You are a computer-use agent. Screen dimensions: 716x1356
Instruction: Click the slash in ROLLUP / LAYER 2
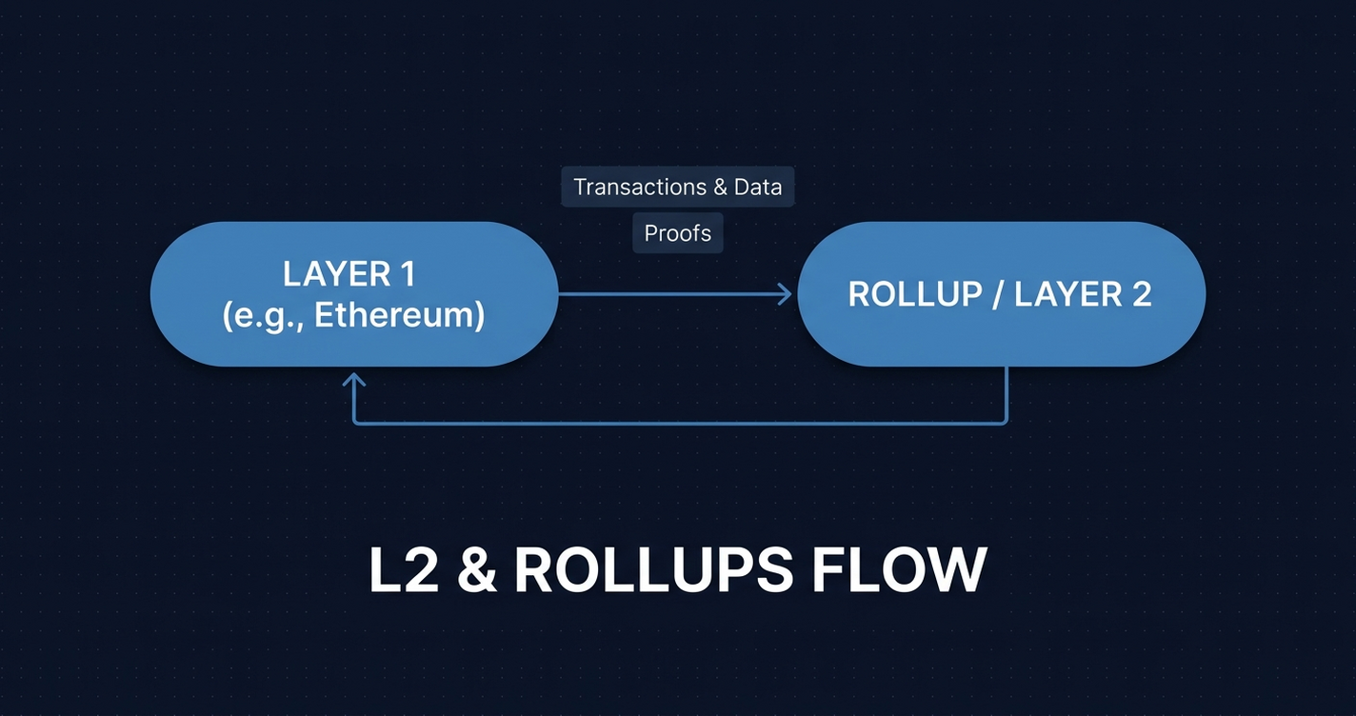pyautogui.click(x=996, y=294)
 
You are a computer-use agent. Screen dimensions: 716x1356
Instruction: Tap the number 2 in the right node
pyautogui.click(x=1141, y=294)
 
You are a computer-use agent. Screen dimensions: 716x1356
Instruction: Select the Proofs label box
pyautogui.click(x=678, y=233)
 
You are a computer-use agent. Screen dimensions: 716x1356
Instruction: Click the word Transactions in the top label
pyautogui.click(x=640, y=187)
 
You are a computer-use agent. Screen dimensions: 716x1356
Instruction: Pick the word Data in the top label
pyautogui.click(x=758, y=187)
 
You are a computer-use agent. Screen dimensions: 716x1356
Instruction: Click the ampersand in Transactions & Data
pyautogui.click(x=721, y=187)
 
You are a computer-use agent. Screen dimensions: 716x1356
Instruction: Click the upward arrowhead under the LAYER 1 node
pyautogui.click(x=354, y=379)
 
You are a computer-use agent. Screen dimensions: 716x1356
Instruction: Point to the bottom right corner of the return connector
pyautogui.click(x=1006, y=423)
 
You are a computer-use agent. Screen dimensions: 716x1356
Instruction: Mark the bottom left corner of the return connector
pyautogui.click(x=354, y=423)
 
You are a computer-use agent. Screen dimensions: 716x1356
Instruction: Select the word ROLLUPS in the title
pyautogui.click(x=653, y=569)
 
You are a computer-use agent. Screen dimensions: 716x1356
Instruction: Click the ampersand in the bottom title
pyautogui.click(x=479, y=569)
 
